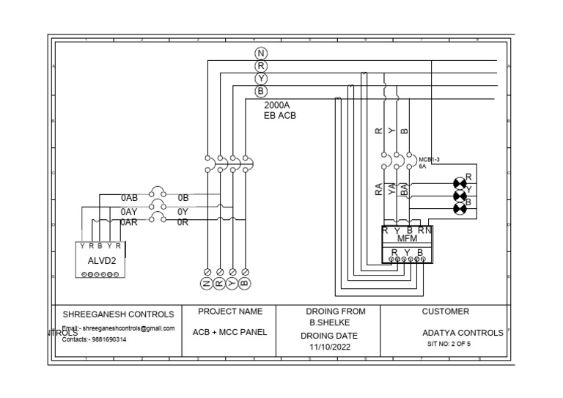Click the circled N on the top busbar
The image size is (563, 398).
pos(261,54)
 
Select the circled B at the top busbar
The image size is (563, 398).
pos(261,92)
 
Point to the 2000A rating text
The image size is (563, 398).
pos(277,105)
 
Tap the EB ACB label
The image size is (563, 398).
pos(280,116)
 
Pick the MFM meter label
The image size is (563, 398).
pos(407,239)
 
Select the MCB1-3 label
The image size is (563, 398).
pos(429,158)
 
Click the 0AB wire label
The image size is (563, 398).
pos(129,198)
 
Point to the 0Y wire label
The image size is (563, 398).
pos(183,211)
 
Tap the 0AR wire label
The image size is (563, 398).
pos(129,222)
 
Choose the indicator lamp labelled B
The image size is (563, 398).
pos(460,209)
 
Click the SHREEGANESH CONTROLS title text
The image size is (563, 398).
pos(118,314)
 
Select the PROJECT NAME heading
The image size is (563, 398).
pos(230,312)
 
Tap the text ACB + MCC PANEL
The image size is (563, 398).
pos(230,332)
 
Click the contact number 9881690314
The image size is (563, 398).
pos(104,340)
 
